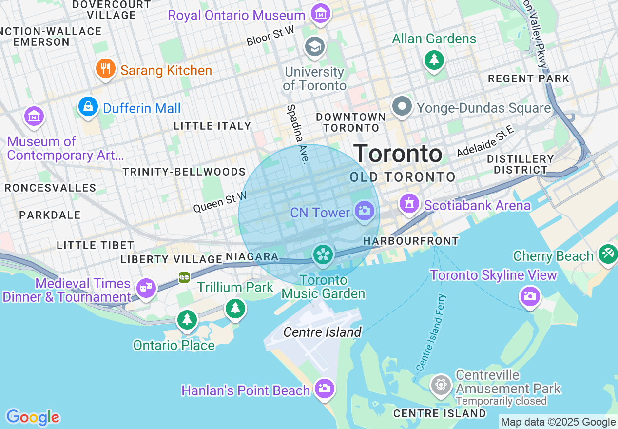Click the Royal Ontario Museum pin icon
pos(320,14)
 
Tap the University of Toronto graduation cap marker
pos(314,47)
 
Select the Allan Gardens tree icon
pos(433,59)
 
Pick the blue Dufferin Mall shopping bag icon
pos(88,106)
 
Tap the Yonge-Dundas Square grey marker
pos(403,106)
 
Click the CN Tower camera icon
pos(364,211)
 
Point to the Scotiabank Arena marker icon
pos(409,203)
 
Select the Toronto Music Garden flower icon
pos(323,254)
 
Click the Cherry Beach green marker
pos(607,254)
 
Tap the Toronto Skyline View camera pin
pos(530,296)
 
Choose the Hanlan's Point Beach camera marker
pos(324,389)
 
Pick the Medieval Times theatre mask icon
pos(145,288)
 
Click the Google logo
pos(33,417)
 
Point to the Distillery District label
pos(521,164)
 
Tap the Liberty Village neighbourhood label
pos(171,259)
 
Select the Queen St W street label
pos(220,202)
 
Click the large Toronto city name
pos(398,154)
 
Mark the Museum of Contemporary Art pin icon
pos(34,117)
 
